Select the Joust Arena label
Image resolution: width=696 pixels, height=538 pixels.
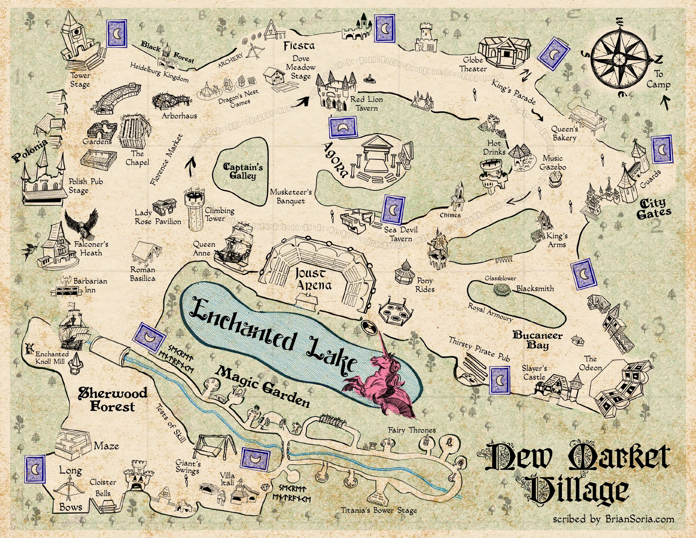coord(314,278)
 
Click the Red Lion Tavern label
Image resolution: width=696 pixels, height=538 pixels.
coord(366,103)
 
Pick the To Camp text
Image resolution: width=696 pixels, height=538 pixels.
coord(658,79)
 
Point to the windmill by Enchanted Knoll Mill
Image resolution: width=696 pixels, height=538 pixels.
coord(29,348)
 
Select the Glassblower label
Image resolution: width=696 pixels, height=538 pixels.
coord(500,278)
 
